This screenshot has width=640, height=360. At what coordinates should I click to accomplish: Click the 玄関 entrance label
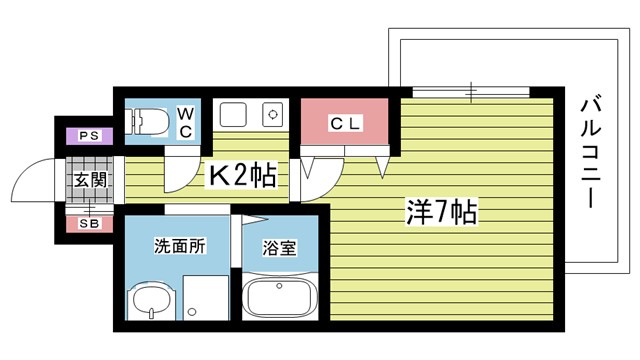click(x=87, y=180)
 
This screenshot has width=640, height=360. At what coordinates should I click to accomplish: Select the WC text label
click(x=187, y=122)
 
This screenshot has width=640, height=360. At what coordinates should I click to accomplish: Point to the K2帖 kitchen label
click(x=242, y=176)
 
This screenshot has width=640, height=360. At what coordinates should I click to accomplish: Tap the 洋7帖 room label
click(x=440, y=212)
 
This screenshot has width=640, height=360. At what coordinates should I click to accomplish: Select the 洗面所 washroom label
click(x=179, y=245)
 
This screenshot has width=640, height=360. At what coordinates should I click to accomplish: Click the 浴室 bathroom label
click(x=279, y=246)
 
